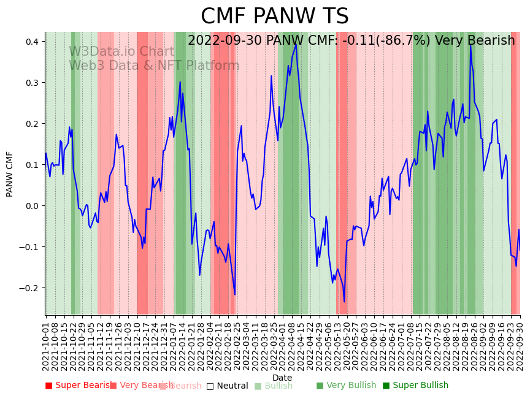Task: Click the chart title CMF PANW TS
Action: click(274, 17)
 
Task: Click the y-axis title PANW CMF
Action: click(10, 173)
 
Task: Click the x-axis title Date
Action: click(282, 378)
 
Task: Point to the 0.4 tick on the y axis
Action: click(31, 42)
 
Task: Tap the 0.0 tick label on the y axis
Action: click(31, 206)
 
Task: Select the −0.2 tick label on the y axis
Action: click(29, 288)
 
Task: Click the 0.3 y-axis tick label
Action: click(31, 83)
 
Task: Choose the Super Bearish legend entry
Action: click(79, 386)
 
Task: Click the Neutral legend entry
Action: click(227, 386)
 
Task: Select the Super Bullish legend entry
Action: click(415, 386)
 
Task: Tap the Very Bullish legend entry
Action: click(346, 386)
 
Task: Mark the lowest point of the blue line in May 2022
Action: click(344, 302)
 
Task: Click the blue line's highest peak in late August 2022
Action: click(470, 45)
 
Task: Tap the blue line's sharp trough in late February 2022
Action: click(234, 295)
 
